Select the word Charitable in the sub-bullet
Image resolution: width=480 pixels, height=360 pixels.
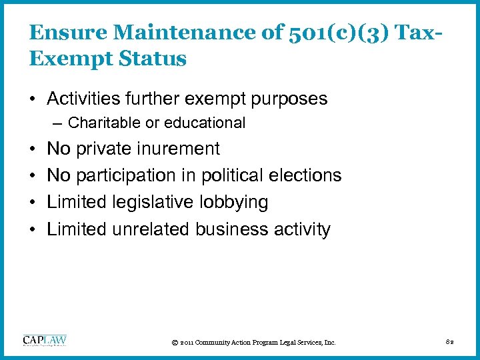coord(102,123)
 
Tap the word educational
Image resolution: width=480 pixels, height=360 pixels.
coord(207,123)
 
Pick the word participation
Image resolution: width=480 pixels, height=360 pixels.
coord(127,175)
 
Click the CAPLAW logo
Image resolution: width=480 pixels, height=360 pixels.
coord(45,340)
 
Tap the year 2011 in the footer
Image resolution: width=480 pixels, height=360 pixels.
coord(186,343)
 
